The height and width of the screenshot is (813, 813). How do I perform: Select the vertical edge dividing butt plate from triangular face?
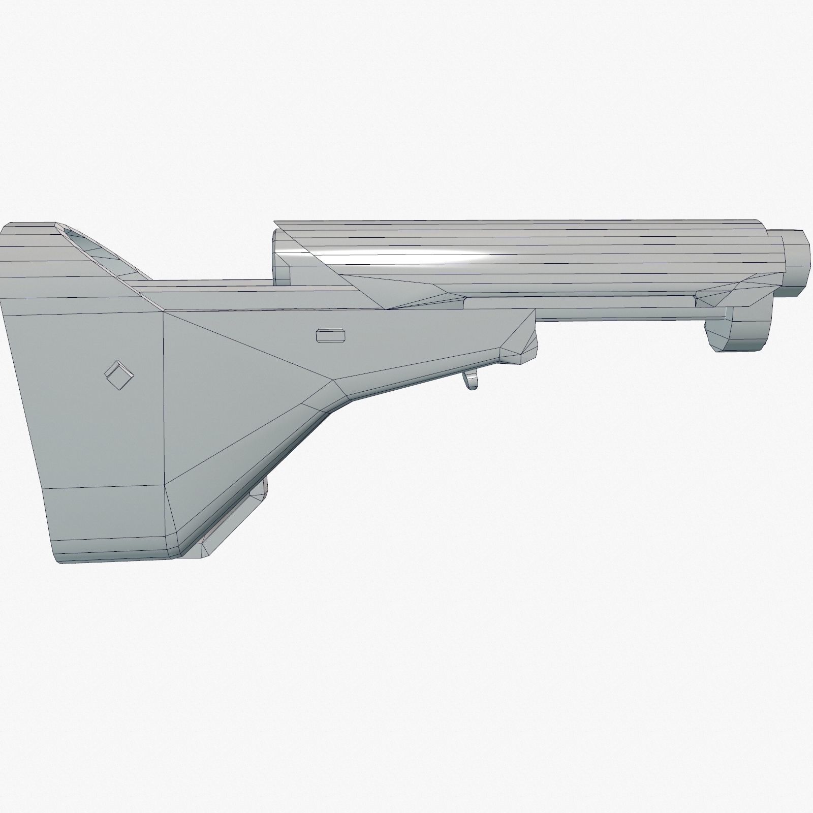[163, 396]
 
